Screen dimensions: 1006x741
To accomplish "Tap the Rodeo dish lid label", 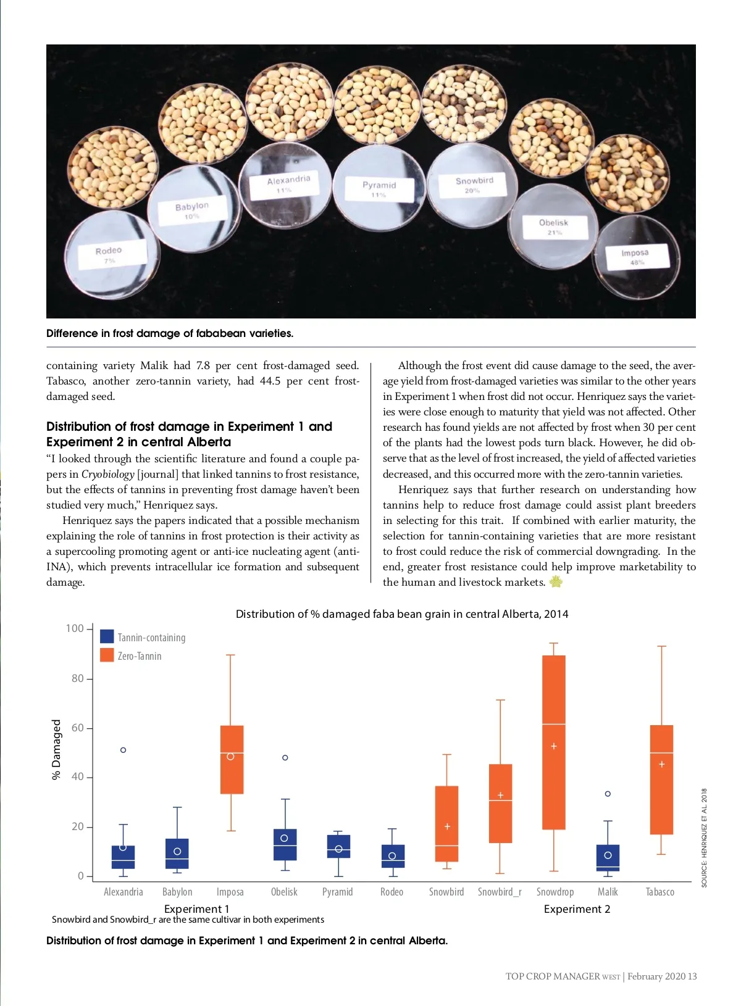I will click(109, 255).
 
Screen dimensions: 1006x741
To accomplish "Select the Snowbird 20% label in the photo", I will click(474, 185).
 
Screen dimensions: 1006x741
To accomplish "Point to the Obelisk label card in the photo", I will click(554, 227).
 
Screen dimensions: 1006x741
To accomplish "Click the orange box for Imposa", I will click(232, 759).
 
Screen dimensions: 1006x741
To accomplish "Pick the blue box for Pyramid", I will click(338, 846).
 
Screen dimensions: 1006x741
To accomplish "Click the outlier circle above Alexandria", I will click(123, 750).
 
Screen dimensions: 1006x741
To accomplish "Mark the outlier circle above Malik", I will click(608, 794).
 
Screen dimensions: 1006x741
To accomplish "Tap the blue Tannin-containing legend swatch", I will click(107, 636).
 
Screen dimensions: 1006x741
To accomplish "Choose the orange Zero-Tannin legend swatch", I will click(107, 655).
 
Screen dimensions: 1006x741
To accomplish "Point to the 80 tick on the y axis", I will click(78, 678).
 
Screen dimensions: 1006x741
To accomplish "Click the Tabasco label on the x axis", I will click(660, 892).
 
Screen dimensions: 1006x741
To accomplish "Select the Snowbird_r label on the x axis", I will click(500, 892).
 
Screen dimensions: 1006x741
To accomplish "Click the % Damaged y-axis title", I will click(56, 749).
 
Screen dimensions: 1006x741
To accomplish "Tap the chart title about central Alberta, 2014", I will click(402, 614).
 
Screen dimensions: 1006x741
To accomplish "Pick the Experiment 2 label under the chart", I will click(577, 909).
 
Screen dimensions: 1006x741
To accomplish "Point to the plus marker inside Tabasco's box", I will click(661, 764).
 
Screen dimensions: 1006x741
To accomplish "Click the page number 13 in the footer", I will click(692, 976).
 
